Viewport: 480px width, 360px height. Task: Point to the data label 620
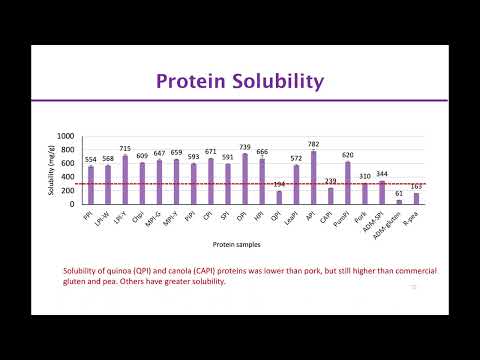pyautogui.click(x=348, y=155)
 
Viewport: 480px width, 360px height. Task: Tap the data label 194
pyautogui.click(x=279, y=184)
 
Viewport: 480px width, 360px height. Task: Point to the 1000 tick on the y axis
pyautogui.click(x=66, y=137)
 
